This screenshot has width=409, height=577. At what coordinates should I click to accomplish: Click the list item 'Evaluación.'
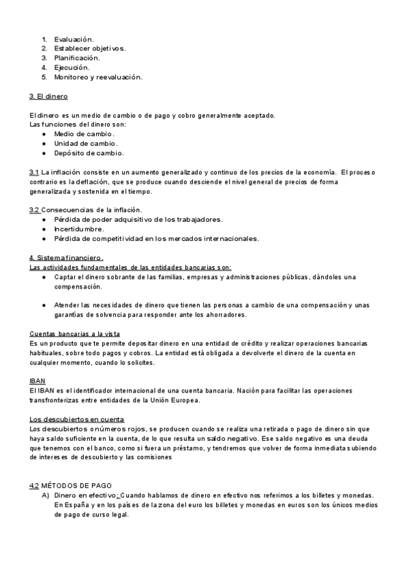pyautogui.click(x=74, y=39)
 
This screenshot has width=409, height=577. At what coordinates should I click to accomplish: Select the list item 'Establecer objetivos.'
pyautogui.click(x=90, y=48)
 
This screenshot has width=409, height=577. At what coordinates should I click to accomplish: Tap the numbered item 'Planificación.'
pyautogui.click(x=81, y=58)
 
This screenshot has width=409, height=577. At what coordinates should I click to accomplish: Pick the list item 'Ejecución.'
pyautogui.click(x=72, y=67)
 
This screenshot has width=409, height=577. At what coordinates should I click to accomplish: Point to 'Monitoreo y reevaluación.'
pyautogui.click(x=98, y=77)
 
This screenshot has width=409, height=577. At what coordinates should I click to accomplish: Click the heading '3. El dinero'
pyautogui.click(x=48, y=97)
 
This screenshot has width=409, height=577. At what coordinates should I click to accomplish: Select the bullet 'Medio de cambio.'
pyautogui.click(x=84, y=134)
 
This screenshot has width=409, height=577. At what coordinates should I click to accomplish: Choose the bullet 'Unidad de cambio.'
pyautogui.click(x=86, y=144)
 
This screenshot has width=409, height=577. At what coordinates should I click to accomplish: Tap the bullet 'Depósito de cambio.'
pyautogui.click(x=89, y=153)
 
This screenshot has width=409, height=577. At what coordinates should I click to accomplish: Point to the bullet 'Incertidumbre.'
pyautogui.click(x=79, y=229)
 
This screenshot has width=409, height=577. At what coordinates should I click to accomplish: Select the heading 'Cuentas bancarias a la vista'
pyautogui.click(x=75, y=333)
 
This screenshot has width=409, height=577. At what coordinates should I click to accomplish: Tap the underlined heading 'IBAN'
pyautogui.click(x=37, y=380)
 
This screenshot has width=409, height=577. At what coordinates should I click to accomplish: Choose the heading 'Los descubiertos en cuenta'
pyautogui.click(x=77, y=419)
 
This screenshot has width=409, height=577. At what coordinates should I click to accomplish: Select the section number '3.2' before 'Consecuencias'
pyautogui.click(x=35, y=210)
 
